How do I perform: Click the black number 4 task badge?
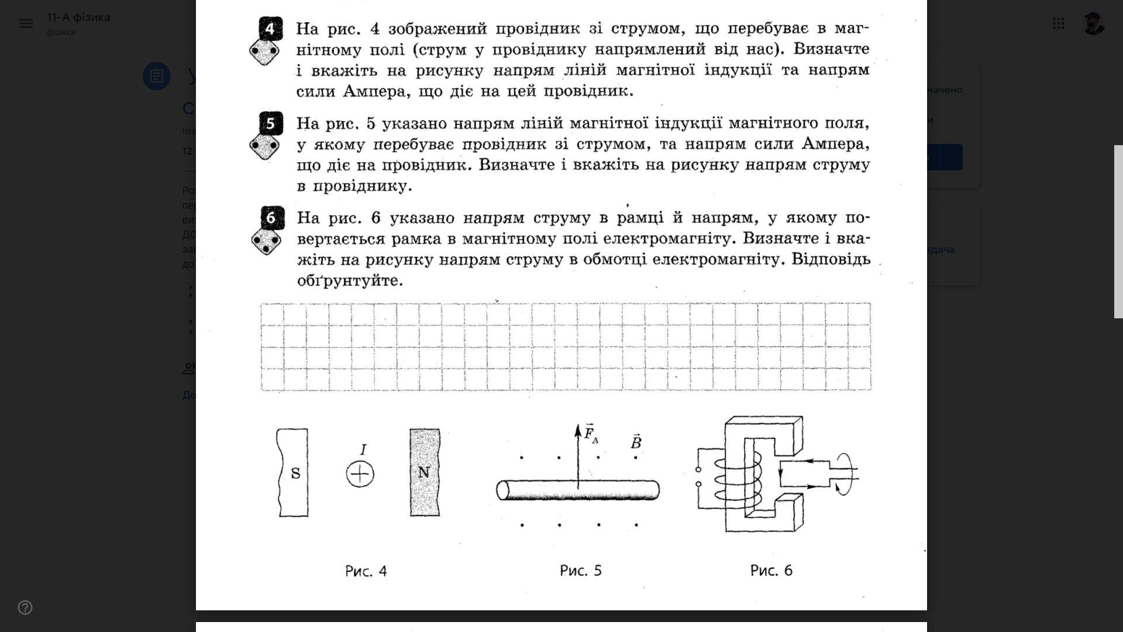coord(270,29)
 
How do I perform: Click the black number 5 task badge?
coord(270,123)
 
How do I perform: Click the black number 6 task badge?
coord(271,218)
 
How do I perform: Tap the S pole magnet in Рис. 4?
coord(292,472)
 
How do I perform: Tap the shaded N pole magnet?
coord(425,472)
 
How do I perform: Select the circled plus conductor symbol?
coord(360,474)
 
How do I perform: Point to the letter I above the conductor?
coord(363,449)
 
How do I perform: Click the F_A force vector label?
coord(591,434)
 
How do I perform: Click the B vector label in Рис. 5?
coord(636,442)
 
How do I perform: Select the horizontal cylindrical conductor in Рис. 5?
coord(578,490)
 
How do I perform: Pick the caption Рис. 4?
coord(366,571)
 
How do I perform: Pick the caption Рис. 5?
coord(580,571)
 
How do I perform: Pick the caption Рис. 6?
coord(771,571)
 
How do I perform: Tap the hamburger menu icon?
coord(26,23)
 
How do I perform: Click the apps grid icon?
coord(1058,23)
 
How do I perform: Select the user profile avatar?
coord(1093,23)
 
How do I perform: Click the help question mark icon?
coord(25,607)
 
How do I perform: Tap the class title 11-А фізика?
coord(78,18)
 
